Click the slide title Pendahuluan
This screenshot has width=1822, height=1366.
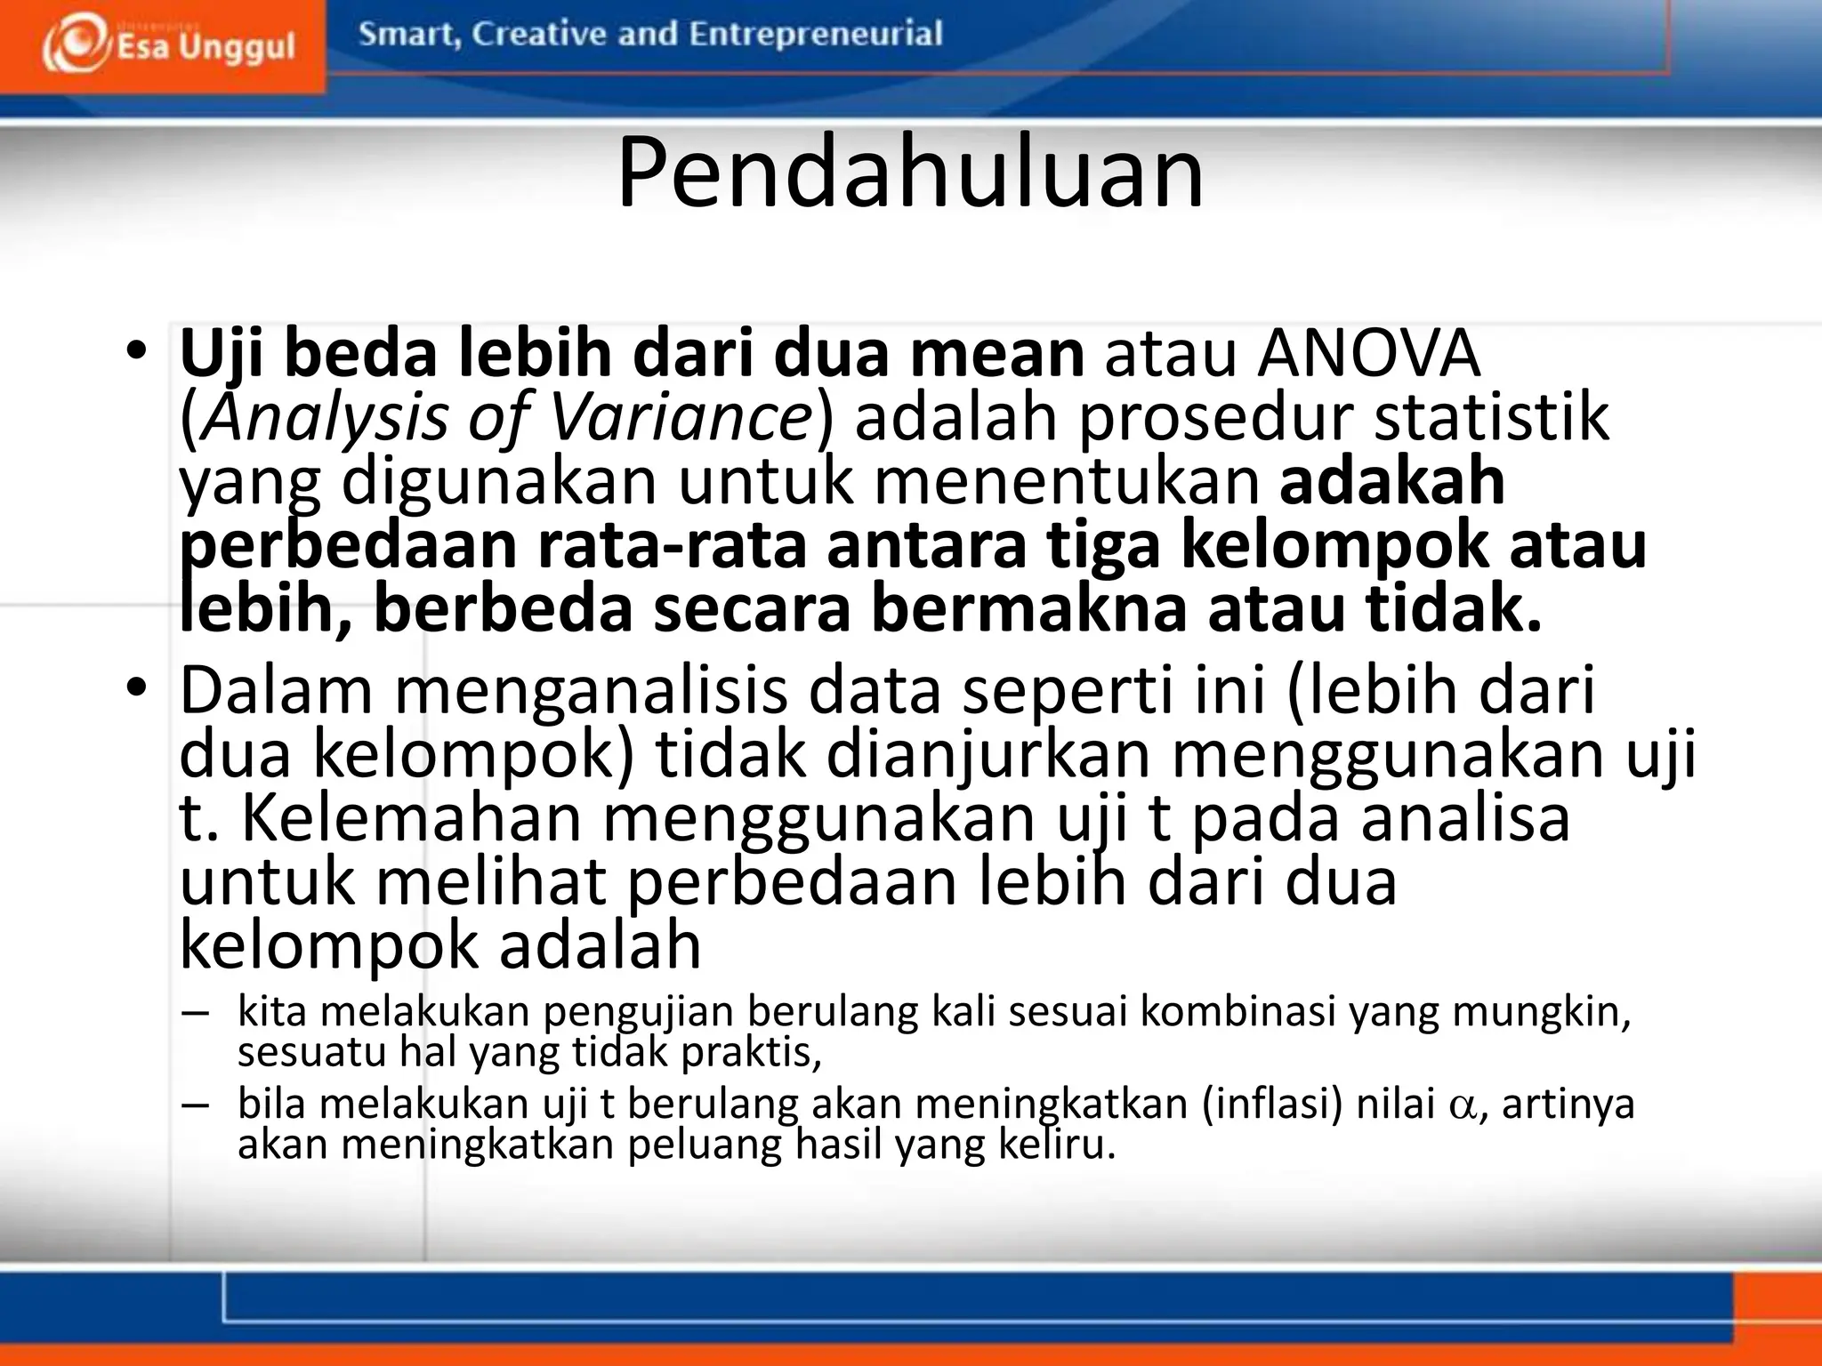click(910, 173)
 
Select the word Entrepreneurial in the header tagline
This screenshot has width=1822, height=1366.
click(815, 35)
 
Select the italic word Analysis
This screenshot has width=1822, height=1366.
click(324, 418)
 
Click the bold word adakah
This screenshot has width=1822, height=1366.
click(1392, 481)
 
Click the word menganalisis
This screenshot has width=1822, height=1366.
click(591, 691)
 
